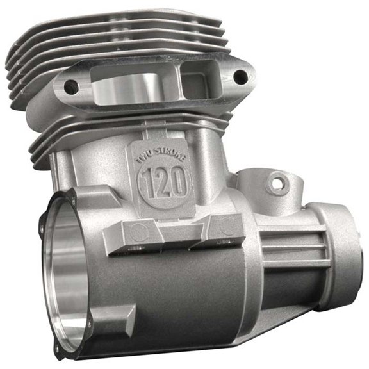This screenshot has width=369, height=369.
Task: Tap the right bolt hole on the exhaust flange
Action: [x=240, y=77]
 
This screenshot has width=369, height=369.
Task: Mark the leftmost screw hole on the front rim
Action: [x=42, y=227]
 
